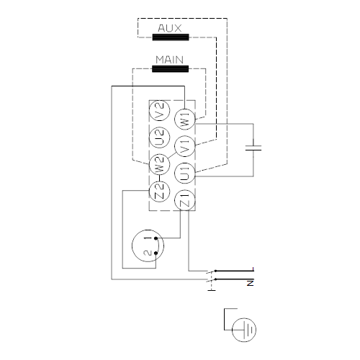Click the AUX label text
tap(170, 28)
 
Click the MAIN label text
tap(169, 60)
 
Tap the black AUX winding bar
tap(171, 37)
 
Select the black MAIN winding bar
tap(171, 69)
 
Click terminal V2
tap(159, 111)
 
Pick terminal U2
tap(159, 138)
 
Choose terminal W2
tap(159, 164)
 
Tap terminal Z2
tap(159, 192)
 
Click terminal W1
tap(184, 120)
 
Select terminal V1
tap(184, 146)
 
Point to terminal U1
tap(184, 174)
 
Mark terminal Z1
tap(184, 200)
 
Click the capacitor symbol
tap(253, 148)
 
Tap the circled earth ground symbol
tap(244, 330)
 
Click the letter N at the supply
tap(251, 283)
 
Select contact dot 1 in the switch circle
tap(156, 238)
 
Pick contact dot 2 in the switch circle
tap(156, 253)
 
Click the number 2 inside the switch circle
tap(148, 253)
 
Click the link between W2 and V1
tap(172, 155)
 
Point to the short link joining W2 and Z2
tap(159, 178)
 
